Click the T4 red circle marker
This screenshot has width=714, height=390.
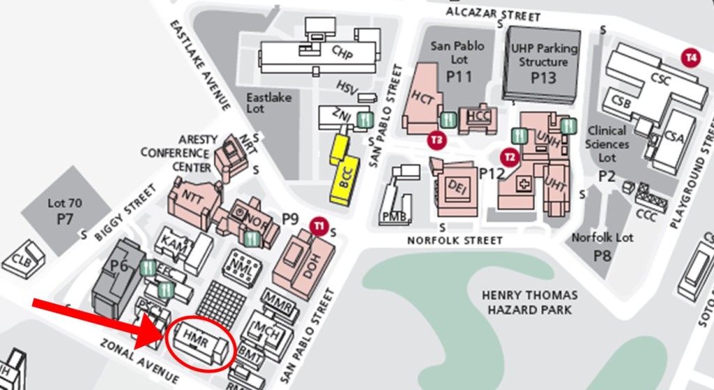[692, 57]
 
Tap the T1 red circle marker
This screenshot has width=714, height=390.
[319, 225]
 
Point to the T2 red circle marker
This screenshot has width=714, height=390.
[510, 157]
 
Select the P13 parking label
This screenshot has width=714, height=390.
[543, 77]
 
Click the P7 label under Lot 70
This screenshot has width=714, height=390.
[65, 219]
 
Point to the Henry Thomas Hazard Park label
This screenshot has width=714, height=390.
[530, 302]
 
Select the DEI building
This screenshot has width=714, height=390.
[457, 186]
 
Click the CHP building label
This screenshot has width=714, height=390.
[342, 52]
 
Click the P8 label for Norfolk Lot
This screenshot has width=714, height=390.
[602, 256]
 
